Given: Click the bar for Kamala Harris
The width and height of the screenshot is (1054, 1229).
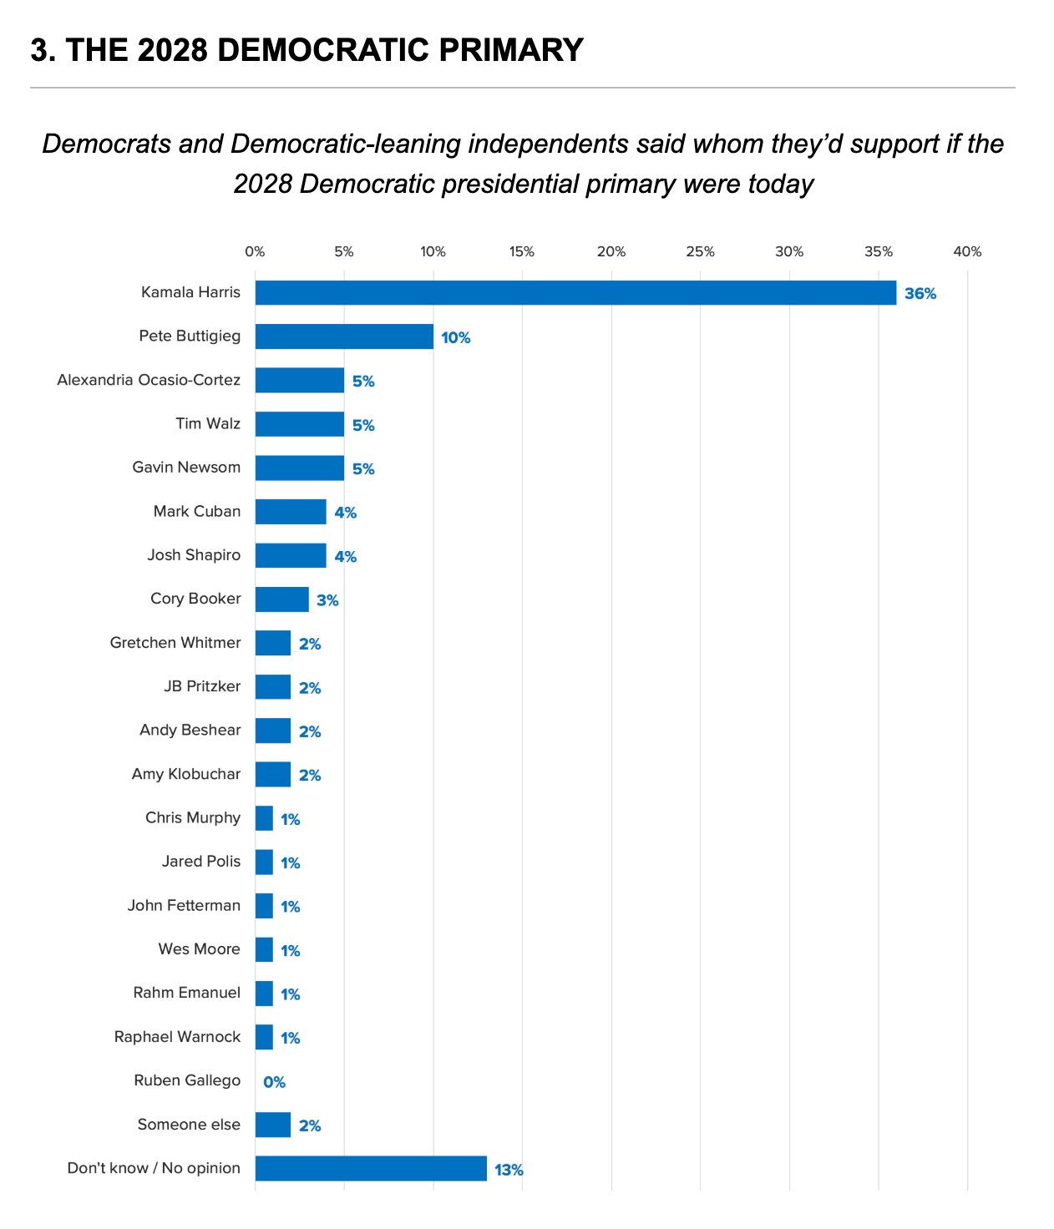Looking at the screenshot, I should click(x=575, y=293).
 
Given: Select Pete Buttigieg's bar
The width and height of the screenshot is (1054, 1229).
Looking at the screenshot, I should click(x=344, y=336).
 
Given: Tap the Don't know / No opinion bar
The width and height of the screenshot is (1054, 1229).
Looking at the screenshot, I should click(x=371, y=1169).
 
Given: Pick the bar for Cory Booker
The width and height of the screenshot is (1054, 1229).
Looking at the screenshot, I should click(x=281, y=599).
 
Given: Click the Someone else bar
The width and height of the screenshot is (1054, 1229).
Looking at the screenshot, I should click(x=273, y=1125).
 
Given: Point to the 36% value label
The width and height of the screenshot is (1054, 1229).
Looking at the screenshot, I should click(x=920, y=294).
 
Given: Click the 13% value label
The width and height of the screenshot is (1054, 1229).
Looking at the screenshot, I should click(x=509, y=1170).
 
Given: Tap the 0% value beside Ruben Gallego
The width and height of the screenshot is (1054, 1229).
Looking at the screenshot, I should click(x=274, y=1082).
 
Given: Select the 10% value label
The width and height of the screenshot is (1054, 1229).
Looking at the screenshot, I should click(x=456, y=337).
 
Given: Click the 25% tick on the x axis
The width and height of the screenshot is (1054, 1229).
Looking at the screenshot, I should click(x=700, y=251).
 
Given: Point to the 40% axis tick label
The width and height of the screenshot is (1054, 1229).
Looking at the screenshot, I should click(x=967, y=251).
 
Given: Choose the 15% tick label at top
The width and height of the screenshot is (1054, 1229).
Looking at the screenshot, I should click(x=522, y=251).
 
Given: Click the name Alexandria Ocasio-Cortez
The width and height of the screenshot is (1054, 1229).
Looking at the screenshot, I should click(x=149, y=380).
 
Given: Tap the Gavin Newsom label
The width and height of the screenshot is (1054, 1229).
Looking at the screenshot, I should click(x=186, y=468).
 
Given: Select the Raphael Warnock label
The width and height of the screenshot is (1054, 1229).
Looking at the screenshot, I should click(x=177, y=1037).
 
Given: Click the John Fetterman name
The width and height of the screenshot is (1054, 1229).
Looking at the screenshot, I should click(x=184, y=906).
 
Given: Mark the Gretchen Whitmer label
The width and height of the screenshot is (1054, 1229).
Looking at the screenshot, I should click(x=175, y=643).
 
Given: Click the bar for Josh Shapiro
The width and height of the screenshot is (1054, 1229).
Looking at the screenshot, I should click(x=291, y=556).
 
